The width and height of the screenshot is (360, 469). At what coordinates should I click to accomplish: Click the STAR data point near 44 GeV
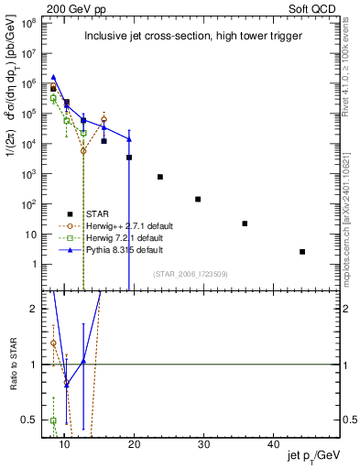pos(302,252)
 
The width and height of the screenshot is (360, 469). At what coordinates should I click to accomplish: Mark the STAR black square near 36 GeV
pos(245,224)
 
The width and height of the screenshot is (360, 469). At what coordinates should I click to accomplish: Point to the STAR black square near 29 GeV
pos(198,199)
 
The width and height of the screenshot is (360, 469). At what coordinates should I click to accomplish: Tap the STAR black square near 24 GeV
pos(160,177)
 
